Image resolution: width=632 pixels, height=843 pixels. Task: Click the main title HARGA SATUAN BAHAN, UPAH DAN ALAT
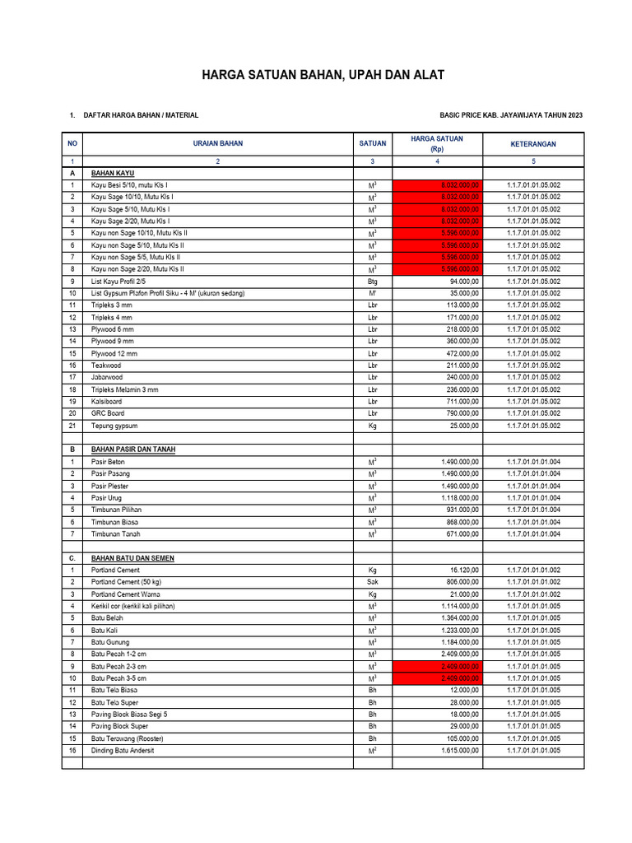[x=323, y=76]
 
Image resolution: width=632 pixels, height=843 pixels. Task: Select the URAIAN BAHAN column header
[x=218, y=144]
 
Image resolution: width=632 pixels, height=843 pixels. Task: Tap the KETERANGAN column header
[x=532, y=144]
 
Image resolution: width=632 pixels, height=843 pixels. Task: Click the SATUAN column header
[x=372, y=144]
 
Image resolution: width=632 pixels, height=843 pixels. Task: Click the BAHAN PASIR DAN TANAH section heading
[x=133, y=449]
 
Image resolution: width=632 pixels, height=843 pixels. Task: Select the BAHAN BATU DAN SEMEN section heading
[x=132, y=558]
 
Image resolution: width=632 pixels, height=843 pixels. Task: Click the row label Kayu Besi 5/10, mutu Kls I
[x=129, y=186]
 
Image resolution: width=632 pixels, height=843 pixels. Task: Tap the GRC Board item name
[x=108, y=413]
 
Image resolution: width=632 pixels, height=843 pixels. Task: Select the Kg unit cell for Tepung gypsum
[x=372, y=426]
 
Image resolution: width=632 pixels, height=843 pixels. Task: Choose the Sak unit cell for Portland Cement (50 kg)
[x=372, y=582]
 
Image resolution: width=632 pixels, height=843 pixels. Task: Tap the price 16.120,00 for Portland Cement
[x=462, y=570]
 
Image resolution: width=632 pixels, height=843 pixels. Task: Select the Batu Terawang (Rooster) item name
[x=125, y=738]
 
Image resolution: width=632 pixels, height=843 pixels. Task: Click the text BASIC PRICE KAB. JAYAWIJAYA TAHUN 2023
[x=512, y=116]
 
